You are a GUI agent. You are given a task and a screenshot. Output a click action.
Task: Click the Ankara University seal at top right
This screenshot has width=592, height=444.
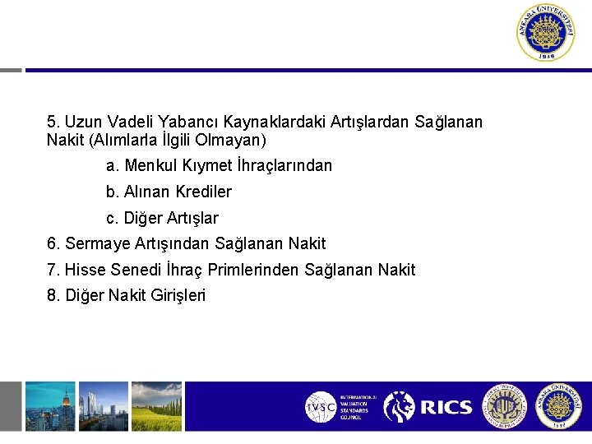[x=546, y=33]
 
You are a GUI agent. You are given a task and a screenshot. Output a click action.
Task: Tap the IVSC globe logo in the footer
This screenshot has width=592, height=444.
[x=321, y=407]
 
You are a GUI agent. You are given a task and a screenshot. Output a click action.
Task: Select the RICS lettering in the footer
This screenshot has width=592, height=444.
[x=446, y=407]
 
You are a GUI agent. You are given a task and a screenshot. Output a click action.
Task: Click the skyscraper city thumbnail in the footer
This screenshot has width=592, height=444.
[x=50, y=406]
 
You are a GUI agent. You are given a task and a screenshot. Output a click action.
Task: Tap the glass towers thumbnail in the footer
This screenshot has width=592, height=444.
[x=104, y=406]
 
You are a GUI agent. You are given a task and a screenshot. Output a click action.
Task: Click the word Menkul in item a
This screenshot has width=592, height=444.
[x=148, y=165]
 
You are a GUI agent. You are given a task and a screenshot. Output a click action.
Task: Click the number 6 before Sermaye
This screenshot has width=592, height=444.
[x=53, y=243]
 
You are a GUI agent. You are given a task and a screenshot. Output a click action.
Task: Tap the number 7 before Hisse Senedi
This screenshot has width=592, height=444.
[x=53, y=270]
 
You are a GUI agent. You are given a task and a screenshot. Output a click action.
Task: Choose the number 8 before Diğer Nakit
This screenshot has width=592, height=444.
[x=53, y=295]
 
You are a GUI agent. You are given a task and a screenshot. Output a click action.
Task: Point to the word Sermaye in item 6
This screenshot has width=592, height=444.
[x=96, y=243]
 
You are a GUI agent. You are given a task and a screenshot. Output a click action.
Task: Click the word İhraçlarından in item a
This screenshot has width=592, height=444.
[x=284, y=165]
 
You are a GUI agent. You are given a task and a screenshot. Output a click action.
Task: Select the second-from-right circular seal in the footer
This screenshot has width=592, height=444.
[x=504, y=406]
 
